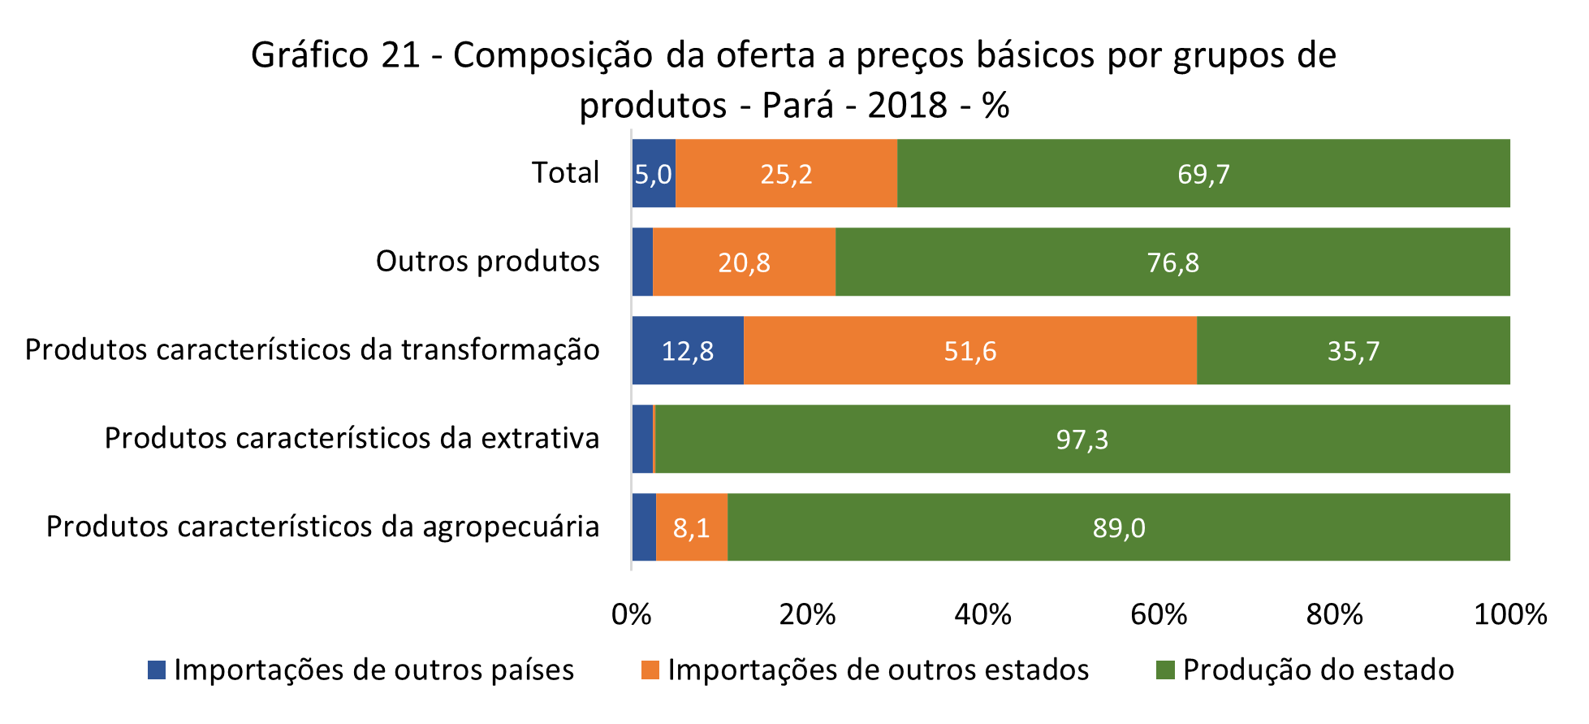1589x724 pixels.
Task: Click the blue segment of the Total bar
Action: point(654,173)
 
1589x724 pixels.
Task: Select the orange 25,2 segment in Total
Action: point(786,173)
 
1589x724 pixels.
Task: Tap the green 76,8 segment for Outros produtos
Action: point(1172,262)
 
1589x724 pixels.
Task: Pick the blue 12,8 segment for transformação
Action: point(688,350)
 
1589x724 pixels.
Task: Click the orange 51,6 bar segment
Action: point(969,350)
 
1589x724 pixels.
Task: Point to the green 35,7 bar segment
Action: point(1353,350)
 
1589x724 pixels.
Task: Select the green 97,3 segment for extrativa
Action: point(1082,439)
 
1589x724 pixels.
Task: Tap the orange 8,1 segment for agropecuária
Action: point(691,527)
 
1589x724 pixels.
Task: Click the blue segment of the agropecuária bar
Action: point(644,527)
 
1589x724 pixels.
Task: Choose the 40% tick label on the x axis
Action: point(982,614)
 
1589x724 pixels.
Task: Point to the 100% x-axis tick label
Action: point(1510,614)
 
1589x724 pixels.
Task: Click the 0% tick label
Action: point(632,614)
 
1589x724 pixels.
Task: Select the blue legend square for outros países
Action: point(157,670)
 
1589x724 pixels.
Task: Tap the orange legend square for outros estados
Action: point(650,670)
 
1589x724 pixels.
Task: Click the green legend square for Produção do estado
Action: point(1165,670)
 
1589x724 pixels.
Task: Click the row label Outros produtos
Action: point(487,262)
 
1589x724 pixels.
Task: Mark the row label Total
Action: point(565,173)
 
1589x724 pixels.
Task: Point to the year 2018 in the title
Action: point(907,106)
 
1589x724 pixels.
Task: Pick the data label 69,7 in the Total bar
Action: point(1203,174)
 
